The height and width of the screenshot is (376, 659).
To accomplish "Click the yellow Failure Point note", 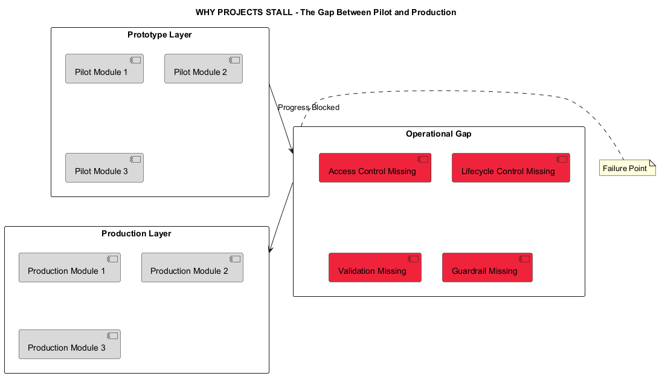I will coord(626,168).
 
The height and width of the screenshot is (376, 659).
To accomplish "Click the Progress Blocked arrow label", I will coord(309,108).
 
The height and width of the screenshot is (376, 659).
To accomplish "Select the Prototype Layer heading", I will coord(159,35).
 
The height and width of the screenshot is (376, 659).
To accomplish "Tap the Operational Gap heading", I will coord(439,134).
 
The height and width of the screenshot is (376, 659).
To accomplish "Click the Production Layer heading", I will coord(136,234).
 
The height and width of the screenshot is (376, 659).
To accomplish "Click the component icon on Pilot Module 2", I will coord(233,60).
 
